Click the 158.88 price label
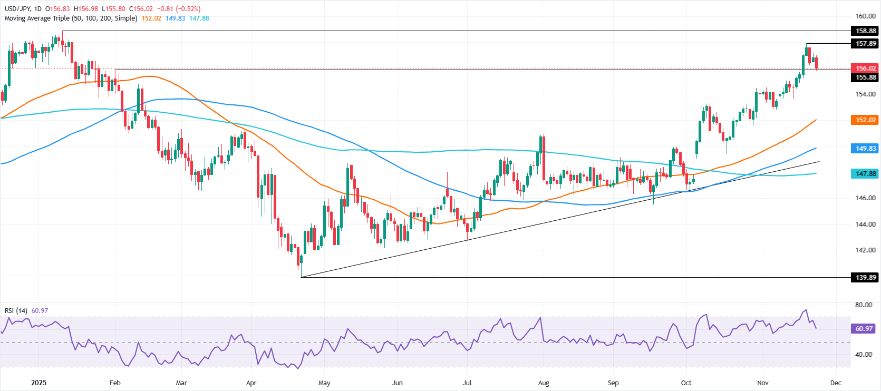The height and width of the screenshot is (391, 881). click(x=865, y=31)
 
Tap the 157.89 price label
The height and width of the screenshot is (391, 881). click(x=865, y=43)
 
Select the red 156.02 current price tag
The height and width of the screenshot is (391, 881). click(x=865, y=68)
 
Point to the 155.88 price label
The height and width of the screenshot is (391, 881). click(x=865, y=77)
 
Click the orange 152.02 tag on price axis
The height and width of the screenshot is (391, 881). click(x=865, y=120)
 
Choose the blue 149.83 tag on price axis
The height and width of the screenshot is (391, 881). click(x=865, y=149)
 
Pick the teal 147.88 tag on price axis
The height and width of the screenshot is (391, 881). click(x=865, y=173)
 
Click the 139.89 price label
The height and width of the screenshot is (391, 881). click(x=865, y=277)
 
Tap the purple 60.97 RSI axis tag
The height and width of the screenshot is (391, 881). click(x=865, y=328)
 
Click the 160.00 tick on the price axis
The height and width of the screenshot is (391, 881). click(x=865, y=16)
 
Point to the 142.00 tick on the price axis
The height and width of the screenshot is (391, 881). click(x=865, y=250)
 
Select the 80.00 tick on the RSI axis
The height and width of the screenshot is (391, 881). click(x=864, y=305)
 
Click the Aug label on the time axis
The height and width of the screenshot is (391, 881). click(x=544, y=383)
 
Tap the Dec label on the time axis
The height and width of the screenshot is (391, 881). click(x=836, y=383)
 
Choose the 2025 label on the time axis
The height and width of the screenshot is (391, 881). click(x=38, y=383)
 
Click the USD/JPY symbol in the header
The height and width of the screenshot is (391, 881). click(x=17, y=9)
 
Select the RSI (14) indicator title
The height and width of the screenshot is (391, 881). click(x=16, y=311)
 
